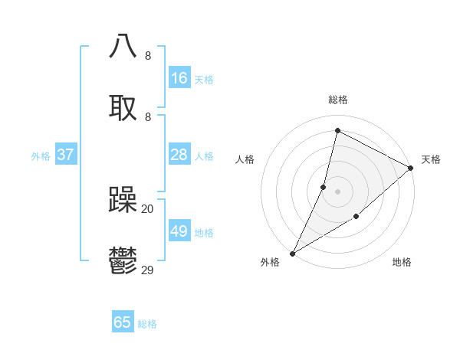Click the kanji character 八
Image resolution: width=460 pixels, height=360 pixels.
[x=123, y=46]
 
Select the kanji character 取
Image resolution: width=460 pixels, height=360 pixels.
[x=123, y=108]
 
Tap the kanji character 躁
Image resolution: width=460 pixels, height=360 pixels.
[x=123, y=200]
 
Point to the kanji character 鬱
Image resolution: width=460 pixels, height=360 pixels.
[x=123, y=261]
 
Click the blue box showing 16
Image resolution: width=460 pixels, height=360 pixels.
[x=179, y=78]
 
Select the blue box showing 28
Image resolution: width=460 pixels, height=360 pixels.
[x=179, y=155]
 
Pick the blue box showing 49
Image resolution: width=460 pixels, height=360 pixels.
[x=179, y=231]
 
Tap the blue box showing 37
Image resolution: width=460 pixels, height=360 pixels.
[x=66, y=155]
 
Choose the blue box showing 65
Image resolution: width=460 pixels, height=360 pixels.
[x=123, y=322]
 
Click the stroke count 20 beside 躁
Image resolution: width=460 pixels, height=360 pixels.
[x=148, y=208]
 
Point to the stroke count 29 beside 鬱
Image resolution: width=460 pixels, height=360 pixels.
[x=148, y=270]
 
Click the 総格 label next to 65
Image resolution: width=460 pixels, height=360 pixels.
[x=147, y=324]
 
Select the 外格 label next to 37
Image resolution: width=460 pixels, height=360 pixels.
[x=41, y=156]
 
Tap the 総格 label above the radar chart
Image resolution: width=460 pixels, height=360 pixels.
[x=338, y=100]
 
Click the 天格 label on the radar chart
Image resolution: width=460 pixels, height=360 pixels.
[x=431, y=159]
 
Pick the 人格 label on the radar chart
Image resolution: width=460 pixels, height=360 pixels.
[x=245, y=159]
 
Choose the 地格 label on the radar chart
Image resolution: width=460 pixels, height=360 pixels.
[x=402, y=263]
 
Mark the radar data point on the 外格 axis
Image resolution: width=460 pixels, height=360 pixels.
[x=292, y=254]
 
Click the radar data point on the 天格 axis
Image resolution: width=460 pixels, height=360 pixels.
[x=411, y=168]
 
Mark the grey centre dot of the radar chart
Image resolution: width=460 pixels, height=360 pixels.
[x=338, y=191]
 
